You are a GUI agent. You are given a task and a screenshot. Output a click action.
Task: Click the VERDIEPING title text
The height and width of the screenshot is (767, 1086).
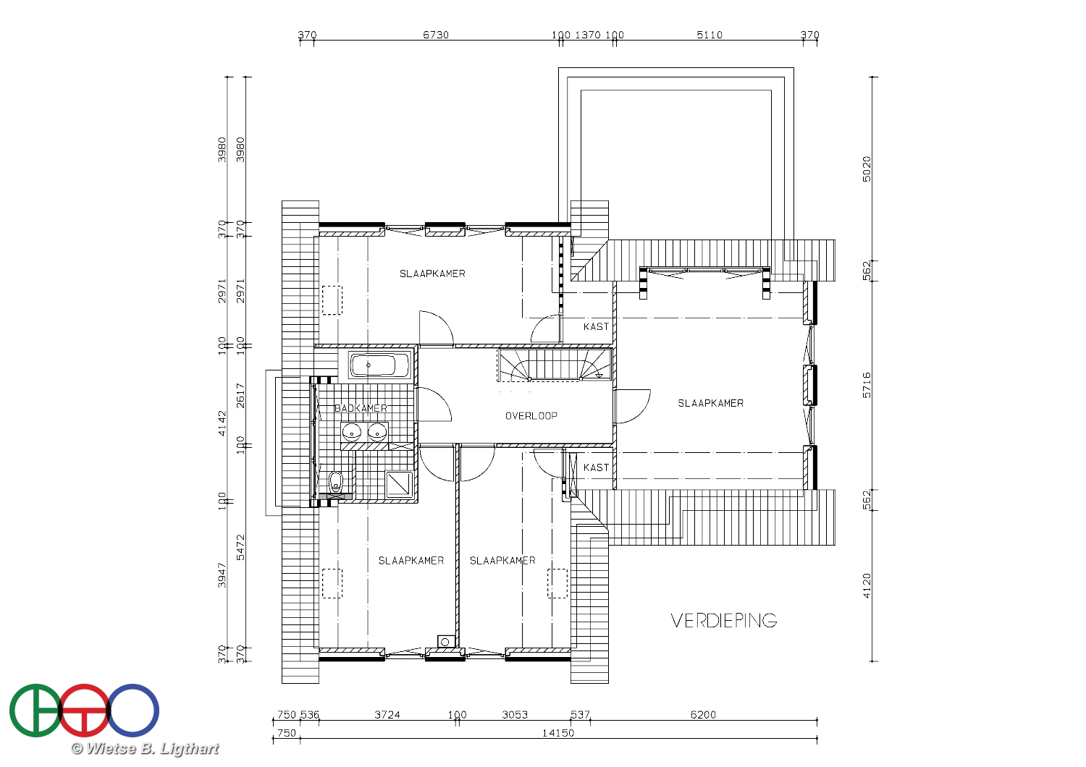point(724,621)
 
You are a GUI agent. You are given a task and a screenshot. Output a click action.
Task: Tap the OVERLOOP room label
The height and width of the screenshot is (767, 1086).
point(531,416)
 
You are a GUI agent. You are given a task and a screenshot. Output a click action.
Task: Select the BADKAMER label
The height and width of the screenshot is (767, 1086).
point(361,408)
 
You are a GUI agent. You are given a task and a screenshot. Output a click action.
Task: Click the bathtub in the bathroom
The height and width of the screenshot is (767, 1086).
point(379,365)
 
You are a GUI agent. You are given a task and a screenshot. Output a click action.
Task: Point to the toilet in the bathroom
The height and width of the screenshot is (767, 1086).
point(335,482)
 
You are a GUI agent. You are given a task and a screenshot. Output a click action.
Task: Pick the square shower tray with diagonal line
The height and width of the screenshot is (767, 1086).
point(399,483)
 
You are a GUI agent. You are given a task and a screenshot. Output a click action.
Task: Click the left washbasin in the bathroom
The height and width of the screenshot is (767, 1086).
point(352,432)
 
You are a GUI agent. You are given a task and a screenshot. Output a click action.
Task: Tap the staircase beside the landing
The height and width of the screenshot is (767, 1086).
point(555,365)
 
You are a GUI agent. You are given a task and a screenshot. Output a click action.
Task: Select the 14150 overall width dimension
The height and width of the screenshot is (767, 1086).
point(558,733)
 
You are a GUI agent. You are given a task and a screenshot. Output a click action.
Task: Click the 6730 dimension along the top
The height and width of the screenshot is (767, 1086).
point(436,35)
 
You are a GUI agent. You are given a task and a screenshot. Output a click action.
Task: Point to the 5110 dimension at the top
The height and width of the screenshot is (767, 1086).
point(710,35)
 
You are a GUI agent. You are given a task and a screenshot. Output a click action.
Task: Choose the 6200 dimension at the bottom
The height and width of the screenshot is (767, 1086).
point(703,715)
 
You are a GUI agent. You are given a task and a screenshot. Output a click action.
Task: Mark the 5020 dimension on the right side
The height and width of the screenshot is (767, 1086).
point(867,169)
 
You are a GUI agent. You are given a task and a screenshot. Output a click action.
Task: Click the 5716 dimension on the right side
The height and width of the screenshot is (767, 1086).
point(867,385)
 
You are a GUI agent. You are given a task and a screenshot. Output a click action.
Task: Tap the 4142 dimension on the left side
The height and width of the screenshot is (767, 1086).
point(222,423)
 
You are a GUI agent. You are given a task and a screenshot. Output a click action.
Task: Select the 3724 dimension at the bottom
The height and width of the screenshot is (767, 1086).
point(387,715)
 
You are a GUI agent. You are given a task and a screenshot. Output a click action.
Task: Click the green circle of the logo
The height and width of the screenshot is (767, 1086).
point(35,711)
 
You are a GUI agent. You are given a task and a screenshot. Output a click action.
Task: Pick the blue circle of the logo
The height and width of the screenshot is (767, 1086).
point(132,711)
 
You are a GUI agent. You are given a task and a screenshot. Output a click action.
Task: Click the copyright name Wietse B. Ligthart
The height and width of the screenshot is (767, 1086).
point(145,749)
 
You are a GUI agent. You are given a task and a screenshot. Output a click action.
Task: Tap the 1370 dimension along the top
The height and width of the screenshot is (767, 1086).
point(588,35)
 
